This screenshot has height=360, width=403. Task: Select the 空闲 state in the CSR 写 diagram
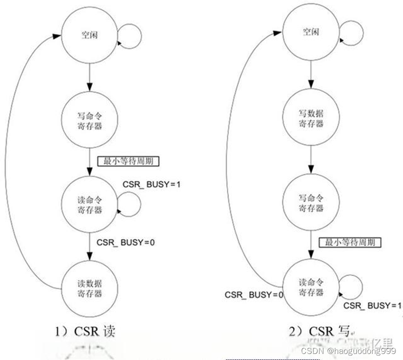coord(311,33)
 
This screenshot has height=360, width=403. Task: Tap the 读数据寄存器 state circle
coord(89,289)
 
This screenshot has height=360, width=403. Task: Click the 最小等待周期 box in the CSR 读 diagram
coord(128,162)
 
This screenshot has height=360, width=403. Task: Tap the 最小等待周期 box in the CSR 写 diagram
coord(350,243)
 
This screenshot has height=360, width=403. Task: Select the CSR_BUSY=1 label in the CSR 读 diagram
coord(151,184)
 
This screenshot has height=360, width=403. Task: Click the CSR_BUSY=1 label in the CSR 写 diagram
coord(372,306)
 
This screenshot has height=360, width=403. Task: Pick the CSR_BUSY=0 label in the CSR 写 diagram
coord(254,295)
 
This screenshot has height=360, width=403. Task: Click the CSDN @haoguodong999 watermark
coord(348,351)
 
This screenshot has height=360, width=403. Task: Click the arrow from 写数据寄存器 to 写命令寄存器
coord(311,161)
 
